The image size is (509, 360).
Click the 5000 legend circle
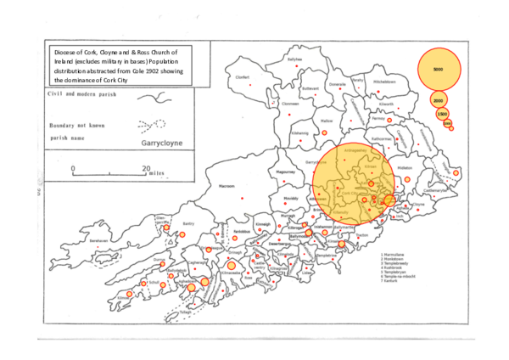pos(438,68)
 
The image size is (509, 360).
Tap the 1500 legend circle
pos(442,114)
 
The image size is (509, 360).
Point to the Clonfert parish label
pos(243,76)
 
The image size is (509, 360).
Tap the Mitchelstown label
pos(384,82)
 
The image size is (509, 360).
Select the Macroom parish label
pos(227,184)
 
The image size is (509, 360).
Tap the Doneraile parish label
pos(338,84)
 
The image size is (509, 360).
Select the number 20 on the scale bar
pos(146,169)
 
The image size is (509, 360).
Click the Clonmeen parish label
pos(291,104)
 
